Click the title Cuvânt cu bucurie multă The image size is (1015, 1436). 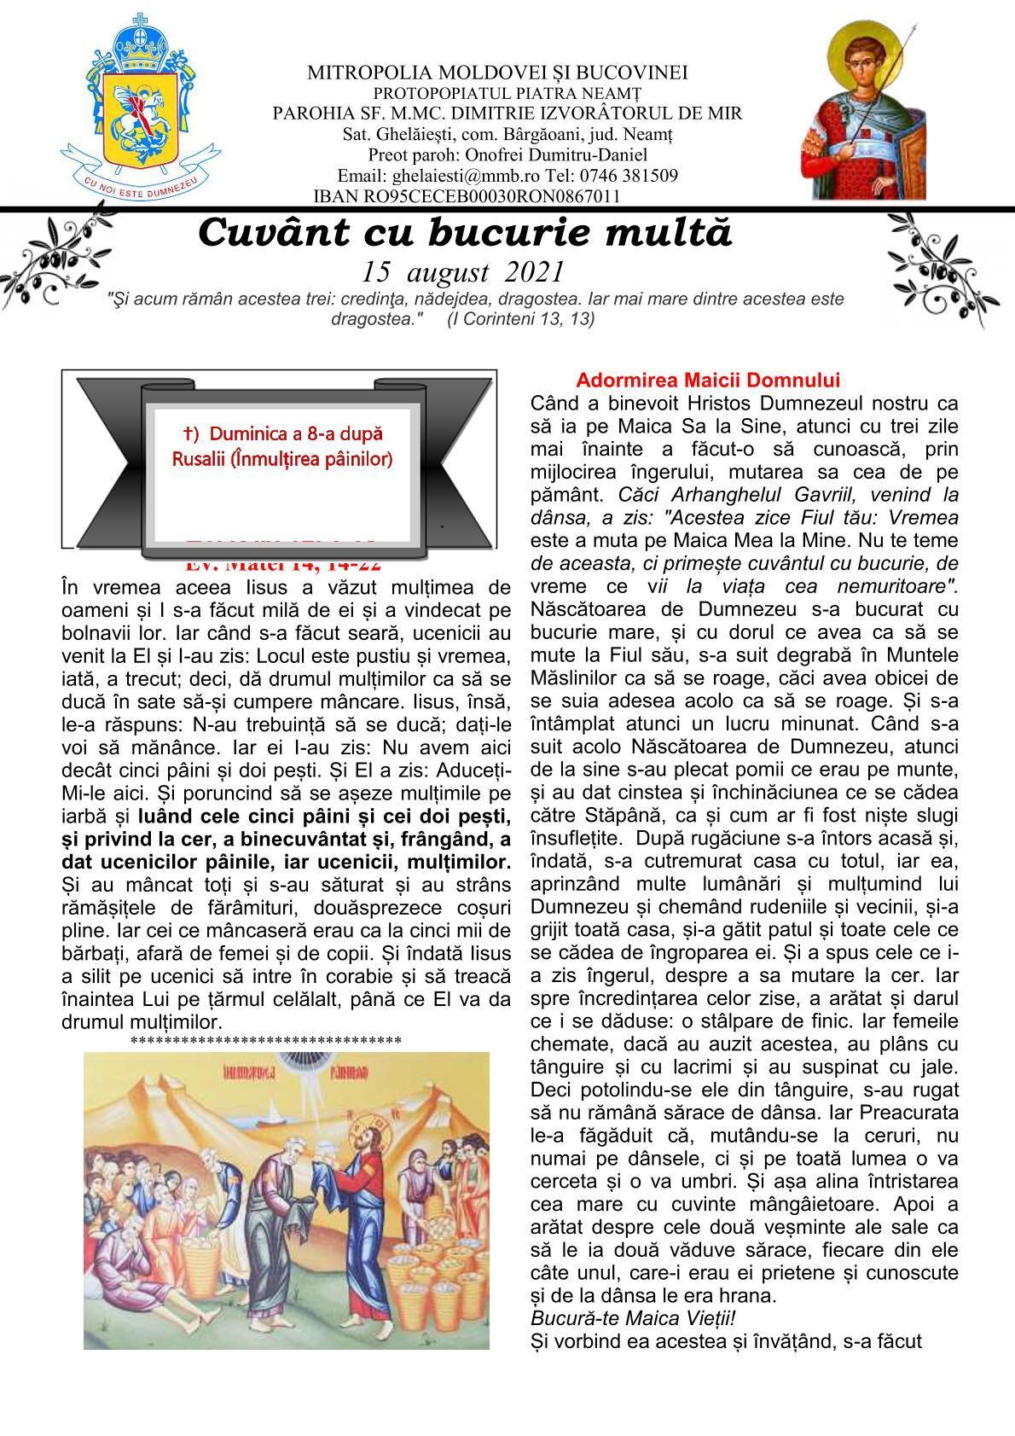pyautogui.click(x=465, y=233)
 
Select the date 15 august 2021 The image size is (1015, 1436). pyautogui.click(x=463, y=272)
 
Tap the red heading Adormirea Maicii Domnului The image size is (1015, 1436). pyautogui.click(x=708, y=381)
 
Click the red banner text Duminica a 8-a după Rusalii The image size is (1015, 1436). pyautogui.click(x=282, y=446)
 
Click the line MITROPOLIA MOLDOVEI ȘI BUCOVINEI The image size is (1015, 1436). pyautogui.click(x=497, y=73)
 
